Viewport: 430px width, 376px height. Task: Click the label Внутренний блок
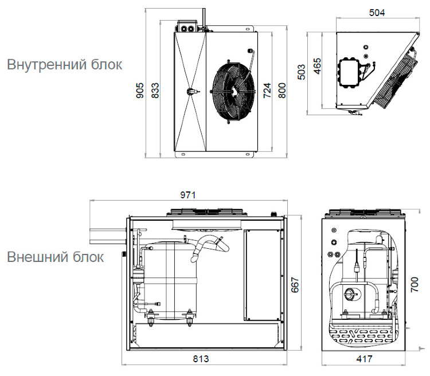point(64,64)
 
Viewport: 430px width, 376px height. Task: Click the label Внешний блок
point(56,257)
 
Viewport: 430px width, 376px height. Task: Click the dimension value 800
point(282,91)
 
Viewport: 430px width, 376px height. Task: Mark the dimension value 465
point(316,68)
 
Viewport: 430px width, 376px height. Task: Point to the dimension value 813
point(200,359)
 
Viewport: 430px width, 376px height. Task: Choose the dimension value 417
point(363,359)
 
